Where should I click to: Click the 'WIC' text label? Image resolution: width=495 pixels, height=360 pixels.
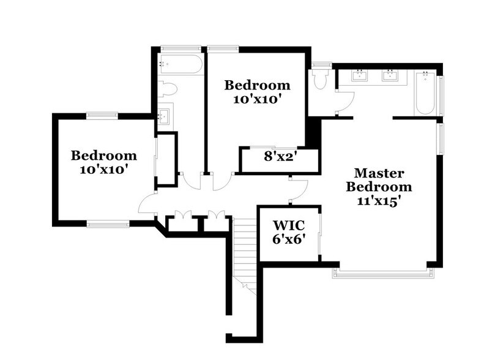click(288, 225)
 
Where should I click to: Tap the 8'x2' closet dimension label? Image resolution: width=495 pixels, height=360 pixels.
click(280, 156)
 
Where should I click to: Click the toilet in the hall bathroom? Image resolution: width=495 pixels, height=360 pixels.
click(168, 89)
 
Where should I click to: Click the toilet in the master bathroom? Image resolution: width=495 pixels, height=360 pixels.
click(320, 79)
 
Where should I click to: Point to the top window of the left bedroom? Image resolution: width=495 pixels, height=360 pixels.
click(102, 114)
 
